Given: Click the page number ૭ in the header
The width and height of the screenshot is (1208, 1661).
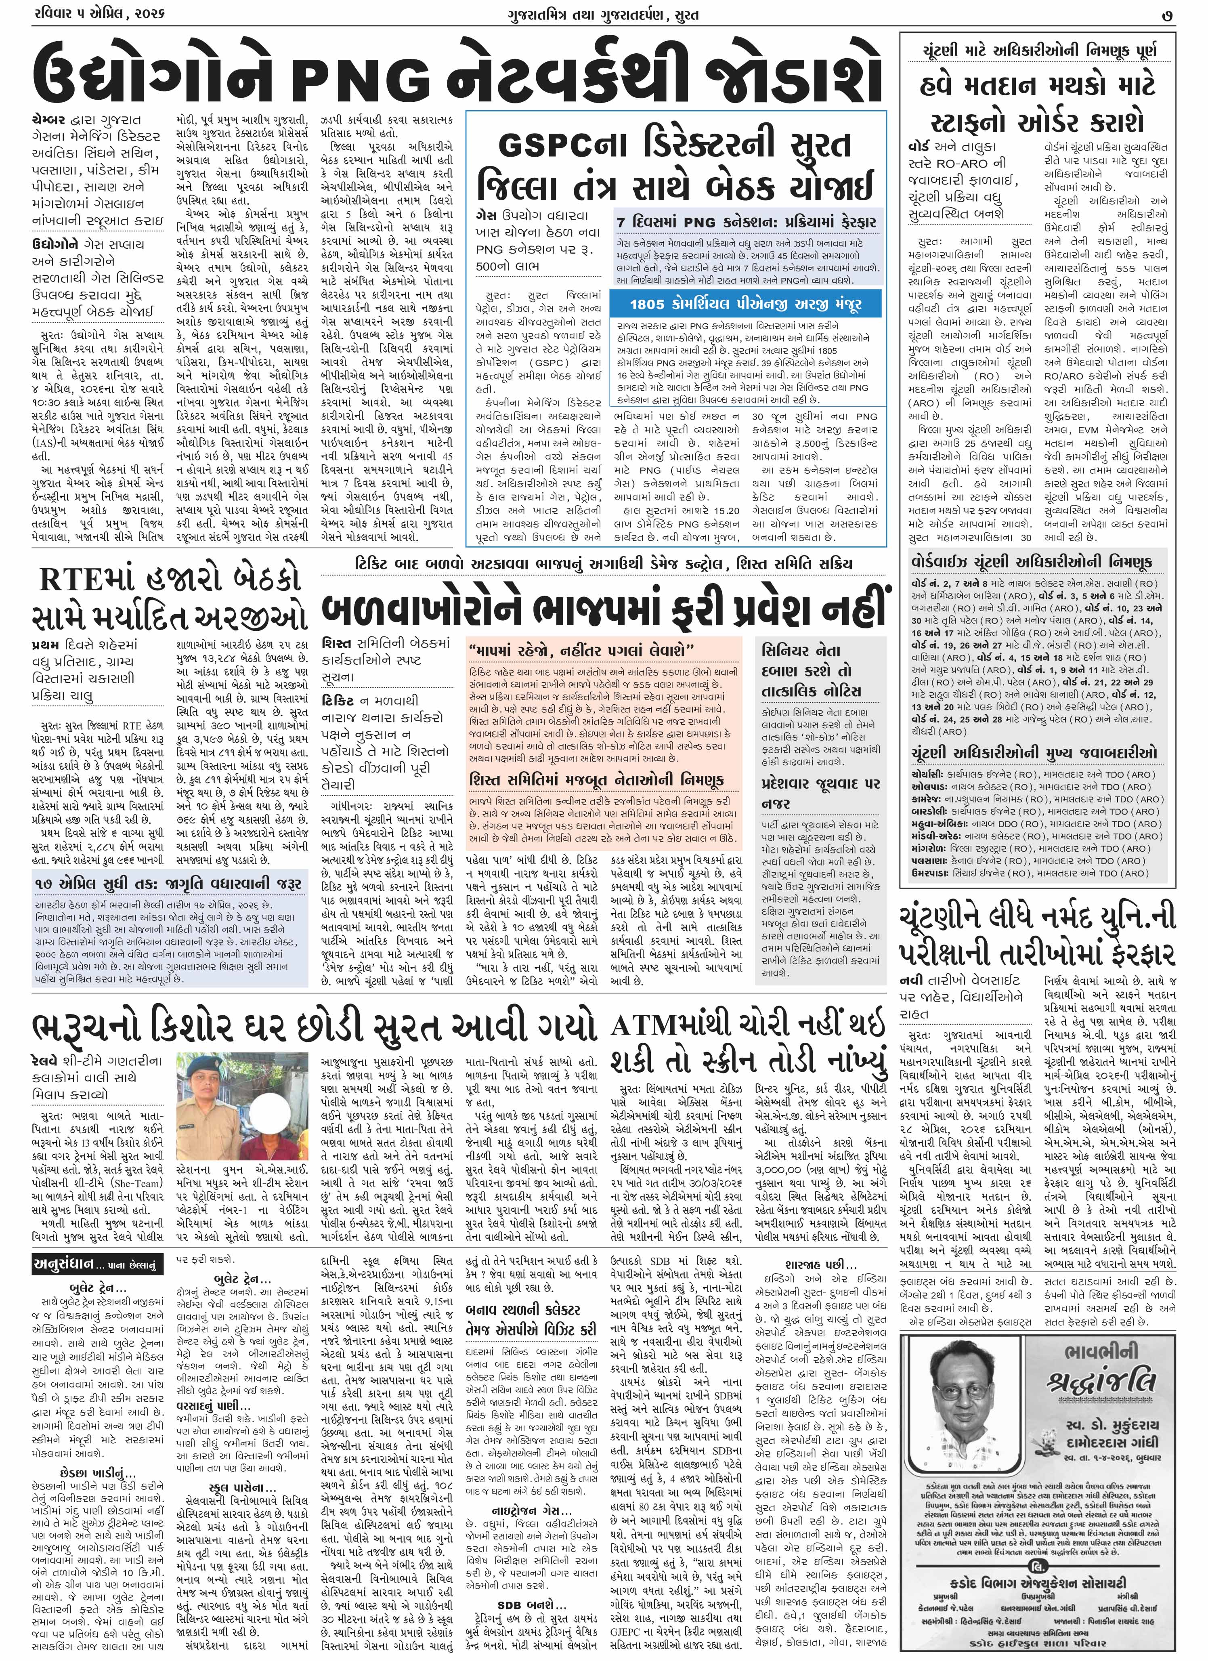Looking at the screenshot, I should point(1167,15).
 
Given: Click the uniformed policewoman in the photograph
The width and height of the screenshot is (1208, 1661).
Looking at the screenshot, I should point(207,1098).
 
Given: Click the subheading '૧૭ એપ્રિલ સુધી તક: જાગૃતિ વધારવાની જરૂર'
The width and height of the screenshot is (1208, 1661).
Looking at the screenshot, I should point(168,884).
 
